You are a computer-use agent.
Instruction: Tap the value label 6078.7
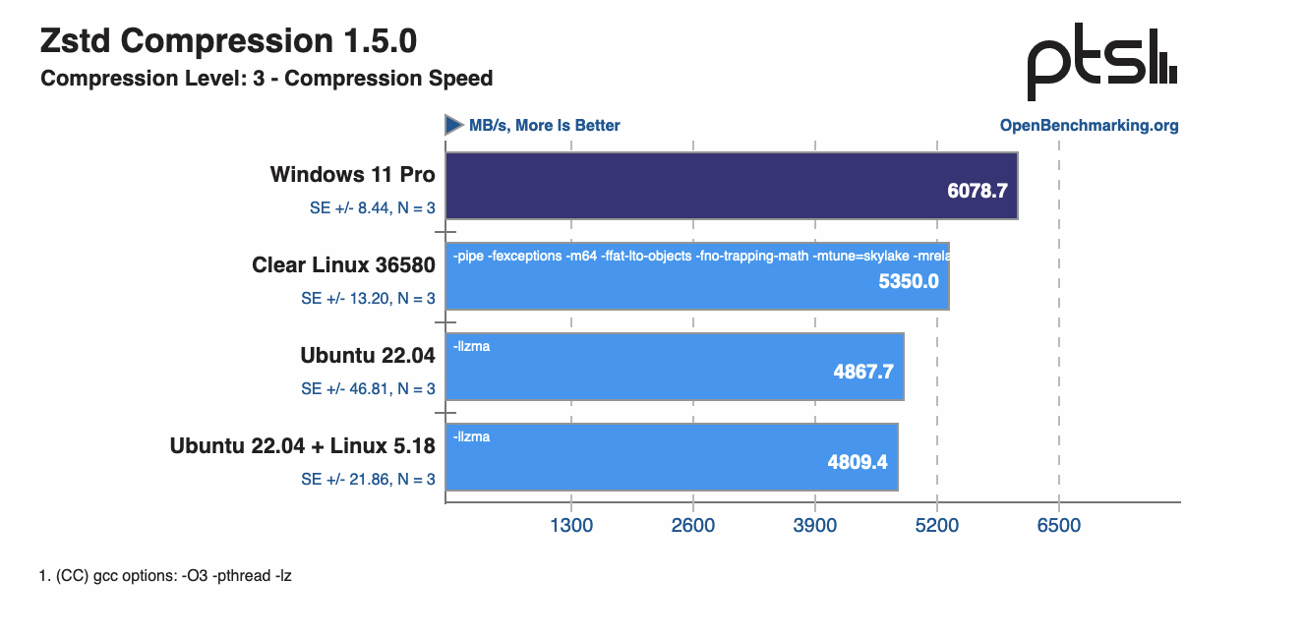pyautogui.click(x=978, y=191)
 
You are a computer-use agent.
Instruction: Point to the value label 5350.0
pyautogui.click(x=909, y=281)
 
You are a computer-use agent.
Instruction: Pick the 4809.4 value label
pyautogui.click(x=858, y=461)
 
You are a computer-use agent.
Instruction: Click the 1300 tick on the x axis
pyautogui.click(x=571, y=525)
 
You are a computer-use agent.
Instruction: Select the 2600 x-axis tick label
pyautogui.click(x=693, y=525)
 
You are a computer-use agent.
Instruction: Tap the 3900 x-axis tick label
pyautogui.click(x=815, y=525)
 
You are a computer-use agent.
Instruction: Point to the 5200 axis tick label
pyautogui.click(x=937, y=525)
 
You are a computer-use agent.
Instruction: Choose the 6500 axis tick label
pyautogui.click(x=1059, y=525)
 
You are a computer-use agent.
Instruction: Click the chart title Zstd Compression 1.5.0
pyautogui.click(x=228, y=41)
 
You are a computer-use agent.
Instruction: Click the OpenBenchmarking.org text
pyautogui.click(x=1089, y=125)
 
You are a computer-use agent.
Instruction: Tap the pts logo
pyautogui.click(x=1101, y=65)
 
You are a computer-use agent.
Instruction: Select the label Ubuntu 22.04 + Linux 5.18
pyautogui.click(x=302, y=445)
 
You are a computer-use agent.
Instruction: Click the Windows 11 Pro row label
pyautogui.click(x=352, y=175)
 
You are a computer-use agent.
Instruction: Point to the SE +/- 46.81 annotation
pyautogui.click(x=368, y=388)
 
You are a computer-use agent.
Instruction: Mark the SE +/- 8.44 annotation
pyautogui.click(x=372, y=207)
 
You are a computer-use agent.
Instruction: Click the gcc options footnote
pyautogui.click(x=165, y=576)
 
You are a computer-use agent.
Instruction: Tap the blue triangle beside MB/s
pyautogui.click(x=453, y=125)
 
